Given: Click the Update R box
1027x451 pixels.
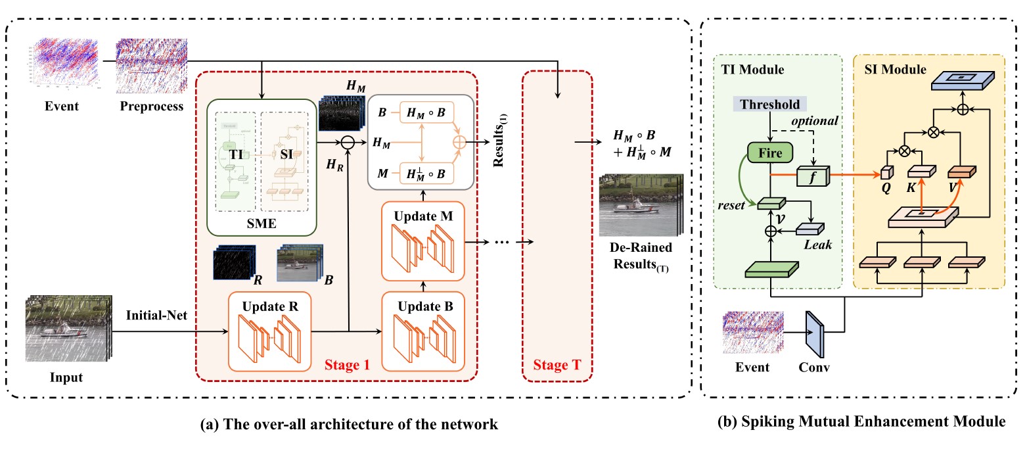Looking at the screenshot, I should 269,331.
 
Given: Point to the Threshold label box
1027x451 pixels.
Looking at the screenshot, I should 770,105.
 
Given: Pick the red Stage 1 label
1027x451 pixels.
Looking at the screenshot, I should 345,363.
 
